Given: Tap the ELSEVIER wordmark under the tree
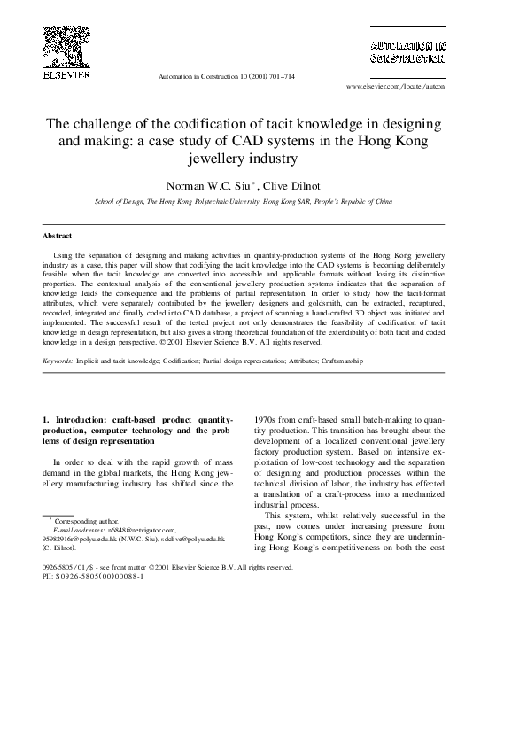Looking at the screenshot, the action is click(x=66, y=75).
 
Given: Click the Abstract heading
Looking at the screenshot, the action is click(x=58, y=237).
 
